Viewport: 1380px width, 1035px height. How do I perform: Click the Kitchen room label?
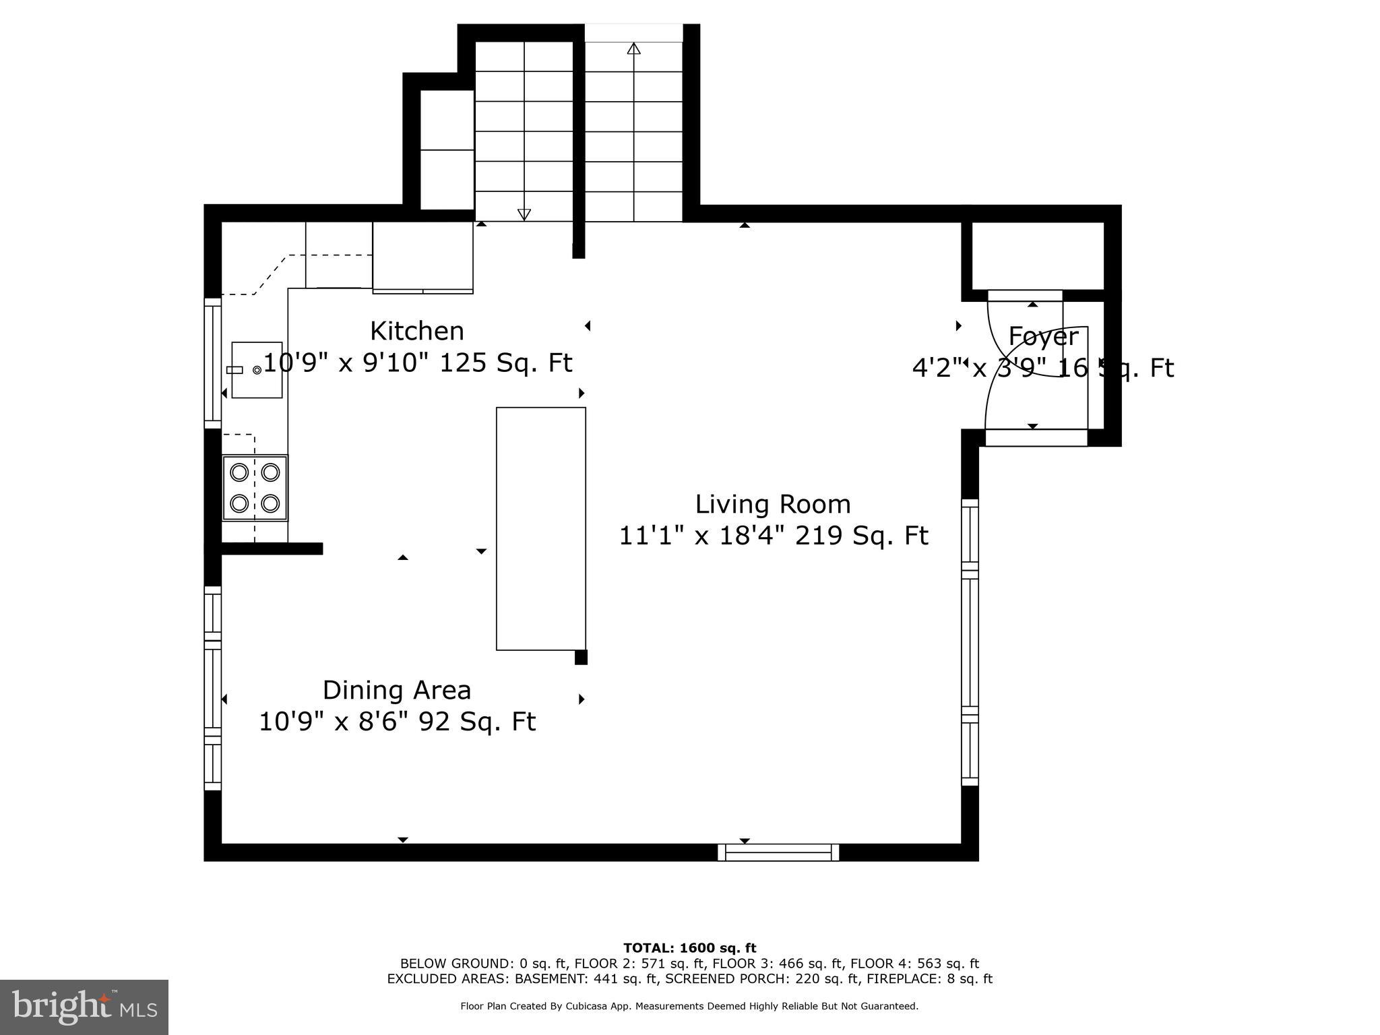[x=417, y=331]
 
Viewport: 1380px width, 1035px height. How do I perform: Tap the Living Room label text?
[x=773, y=504]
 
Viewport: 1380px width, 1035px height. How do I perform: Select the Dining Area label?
[x=397, y=690]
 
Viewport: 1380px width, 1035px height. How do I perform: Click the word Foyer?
[x=1042, y=336]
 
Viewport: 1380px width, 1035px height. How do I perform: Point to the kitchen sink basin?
[x=257, y=369]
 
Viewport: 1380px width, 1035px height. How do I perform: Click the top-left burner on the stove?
[x=239, y=472]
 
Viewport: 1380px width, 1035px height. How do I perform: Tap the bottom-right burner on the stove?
[x=271, y=503]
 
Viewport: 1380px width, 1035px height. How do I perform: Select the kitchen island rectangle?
[x=541, y=528]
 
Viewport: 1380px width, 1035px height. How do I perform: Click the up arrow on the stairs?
[x=633, y=49]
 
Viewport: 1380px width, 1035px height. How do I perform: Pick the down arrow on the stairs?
[x=524, y=214]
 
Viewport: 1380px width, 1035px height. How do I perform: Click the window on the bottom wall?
[x=778, y=852]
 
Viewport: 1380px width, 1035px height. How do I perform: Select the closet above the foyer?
[x=1037, y=255]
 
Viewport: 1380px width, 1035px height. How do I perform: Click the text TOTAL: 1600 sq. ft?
[x=689, y=948]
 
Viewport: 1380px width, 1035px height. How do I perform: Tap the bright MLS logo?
[x=84, y=1007]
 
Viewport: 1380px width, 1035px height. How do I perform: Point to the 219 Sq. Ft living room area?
[x=862, y=536]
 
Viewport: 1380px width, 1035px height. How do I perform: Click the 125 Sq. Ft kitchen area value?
[x=505, y=363]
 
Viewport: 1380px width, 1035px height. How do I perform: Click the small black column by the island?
[x=581, y=657]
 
